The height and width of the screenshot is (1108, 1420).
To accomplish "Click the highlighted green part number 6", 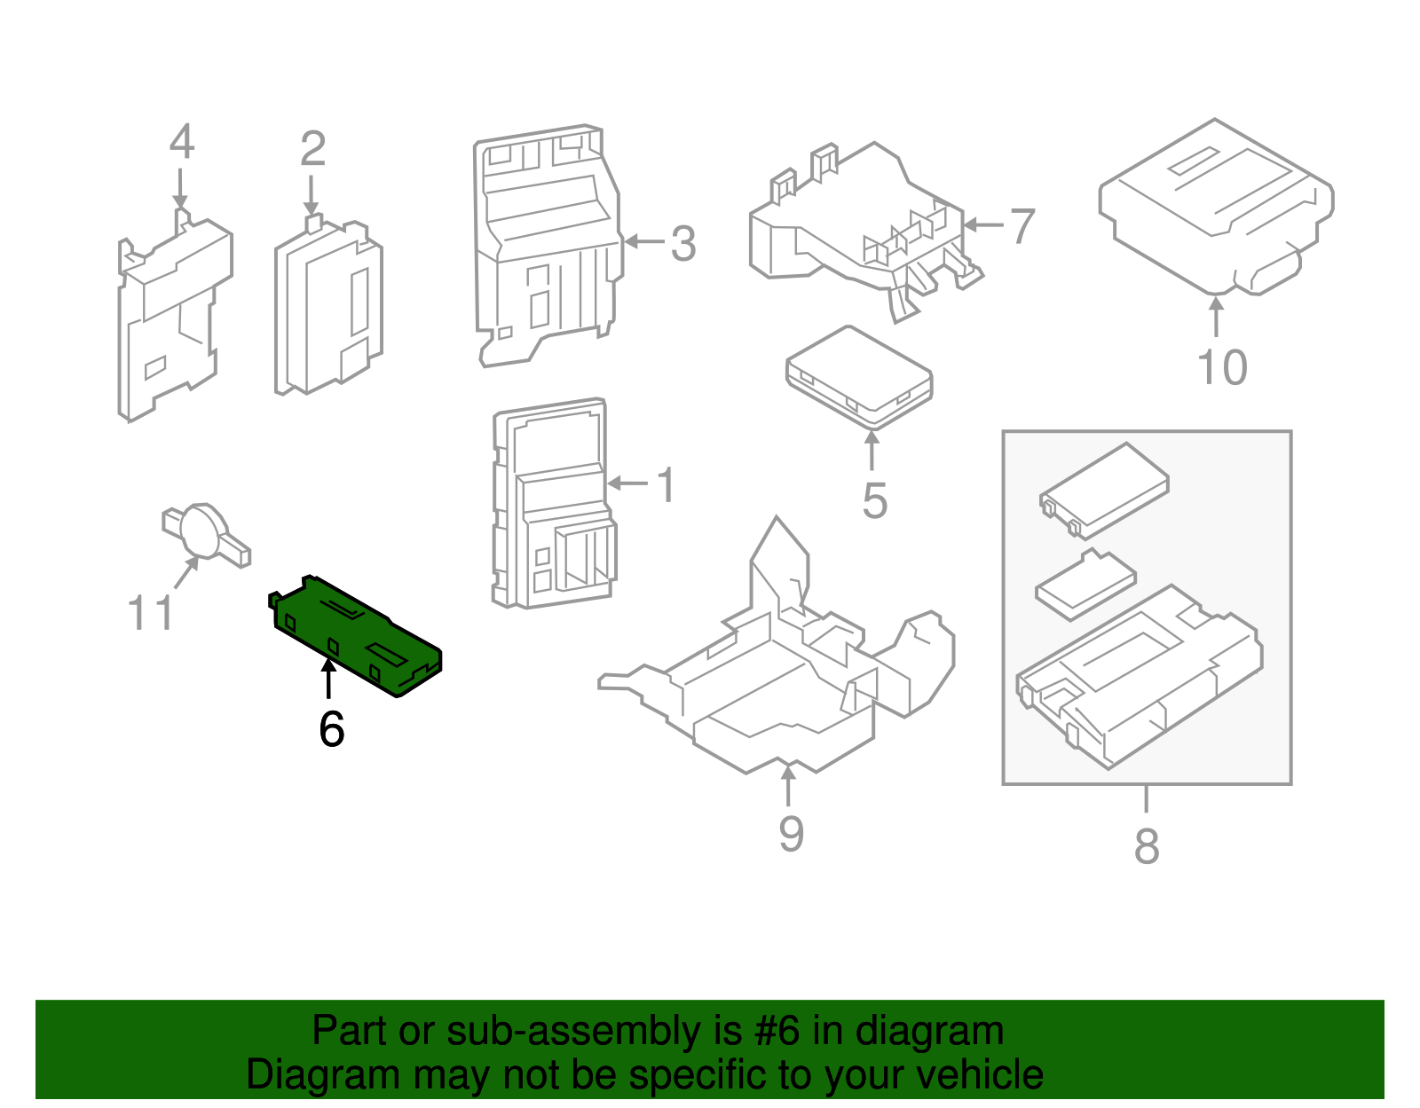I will pyautogui.click(x=355, y=634).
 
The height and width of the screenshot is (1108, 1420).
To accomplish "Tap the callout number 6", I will pyautogui.click(x=331, y=729).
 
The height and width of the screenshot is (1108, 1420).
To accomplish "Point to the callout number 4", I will pyautogui.click(x=181, y=142).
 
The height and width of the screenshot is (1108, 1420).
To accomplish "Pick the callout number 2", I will pyautogui.click(x=312, y=149).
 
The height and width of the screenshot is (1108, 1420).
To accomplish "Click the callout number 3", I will pyautogui.click(x=682, y=244).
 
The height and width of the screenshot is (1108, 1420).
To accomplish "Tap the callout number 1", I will pyautogui.click(x=666, y=485).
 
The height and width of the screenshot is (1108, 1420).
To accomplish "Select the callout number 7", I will pyautogui.click(x=1022, y=226).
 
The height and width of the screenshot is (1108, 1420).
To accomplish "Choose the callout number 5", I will pyautogui.click(x=874, y=501).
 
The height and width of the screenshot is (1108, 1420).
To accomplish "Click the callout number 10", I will pyautogui.click(x=1222, y=367).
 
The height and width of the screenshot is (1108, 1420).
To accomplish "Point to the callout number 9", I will pyautogui.click(x=791, y=834).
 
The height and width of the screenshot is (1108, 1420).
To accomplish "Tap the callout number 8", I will pyautogui.click(x=1147, y=845).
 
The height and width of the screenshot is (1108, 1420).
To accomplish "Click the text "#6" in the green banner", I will pyautogui.click(x=777, y=1032).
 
